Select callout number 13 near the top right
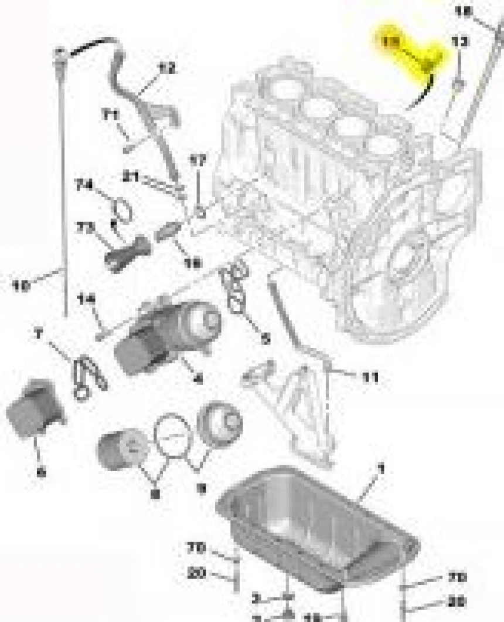click(x=461, y=42)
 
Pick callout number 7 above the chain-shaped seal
click(x=39, y=335)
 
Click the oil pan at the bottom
click(x=316, y=528)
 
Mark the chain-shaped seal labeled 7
click(x=88, y=376)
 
